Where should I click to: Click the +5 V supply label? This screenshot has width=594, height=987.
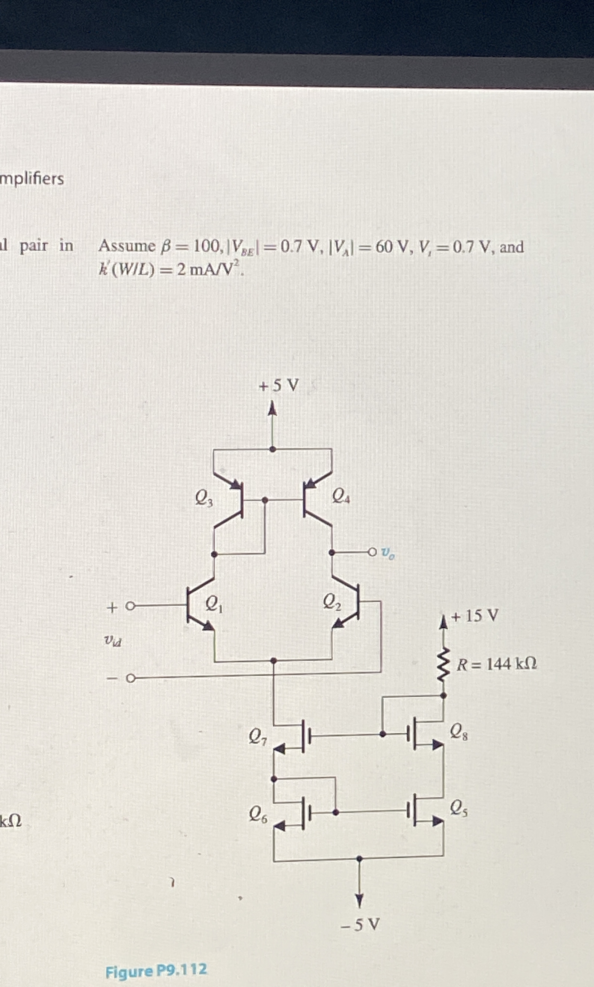point(279,386)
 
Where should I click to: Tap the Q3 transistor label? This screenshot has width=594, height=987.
point(204,498)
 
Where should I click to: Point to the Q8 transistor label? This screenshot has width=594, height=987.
point(459,732)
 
